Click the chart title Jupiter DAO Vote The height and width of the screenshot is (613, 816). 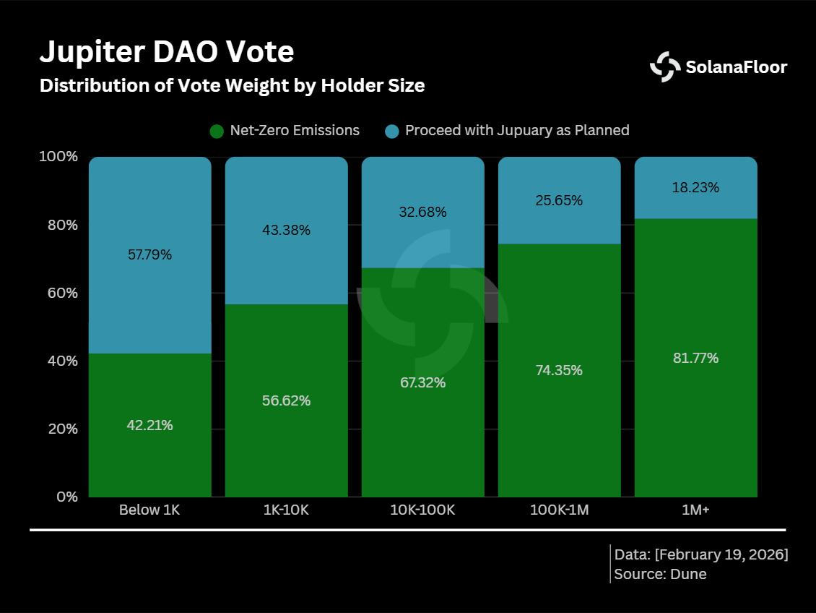point(166,53)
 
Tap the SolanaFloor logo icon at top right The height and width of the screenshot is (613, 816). point(664,67)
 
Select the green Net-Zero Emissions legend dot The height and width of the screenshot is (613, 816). point(217,131)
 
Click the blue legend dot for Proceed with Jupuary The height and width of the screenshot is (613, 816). point(391,131)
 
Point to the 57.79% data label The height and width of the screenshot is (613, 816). point(149,255)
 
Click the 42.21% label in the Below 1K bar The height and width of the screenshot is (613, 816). point(149,426)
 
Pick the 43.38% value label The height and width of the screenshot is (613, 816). point(286,231)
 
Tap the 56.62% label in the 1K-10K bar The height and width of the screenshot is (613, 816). point(286,400)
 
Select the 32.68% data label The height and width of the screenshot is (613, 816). point(422,213)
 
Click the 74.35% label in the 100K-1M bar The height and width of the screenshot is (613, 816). point(558,370)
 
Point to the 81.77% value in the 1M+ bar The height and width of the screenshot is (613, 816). point(695,358)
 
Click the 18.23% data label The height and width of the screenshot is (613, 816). point(695,188)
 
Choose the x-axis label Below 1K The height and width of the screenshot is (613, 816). point(149,510)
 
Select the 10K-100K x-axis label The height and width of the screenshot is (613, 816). point(422,510)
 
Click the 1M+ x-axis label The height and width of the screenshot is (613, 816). point(695,510)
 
